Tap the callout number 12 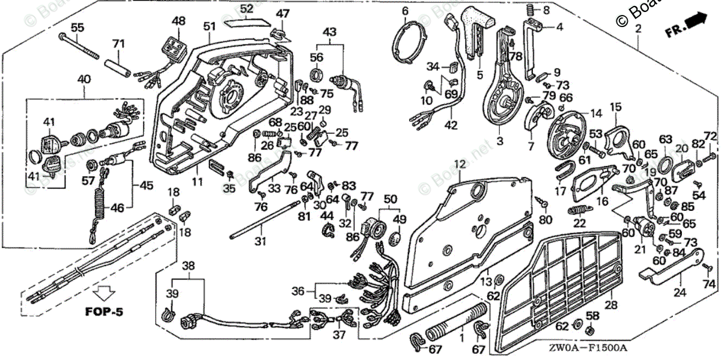point(459,163)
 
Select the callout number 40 point(84,78)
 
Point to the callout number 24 point(680,293)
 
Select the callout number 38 point(189,264)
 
